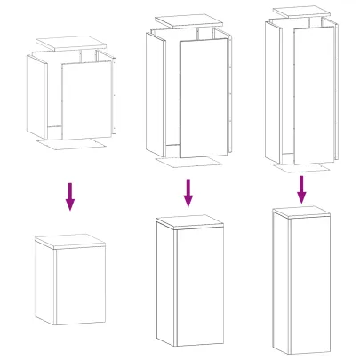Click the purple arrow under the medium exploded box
(188, 191)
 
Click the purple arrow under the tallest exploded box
(301, 188)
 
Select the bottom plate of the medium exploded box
(188, 164)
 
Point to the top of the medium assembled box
(188, 221)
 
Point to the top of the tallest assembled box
(301, 212)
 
